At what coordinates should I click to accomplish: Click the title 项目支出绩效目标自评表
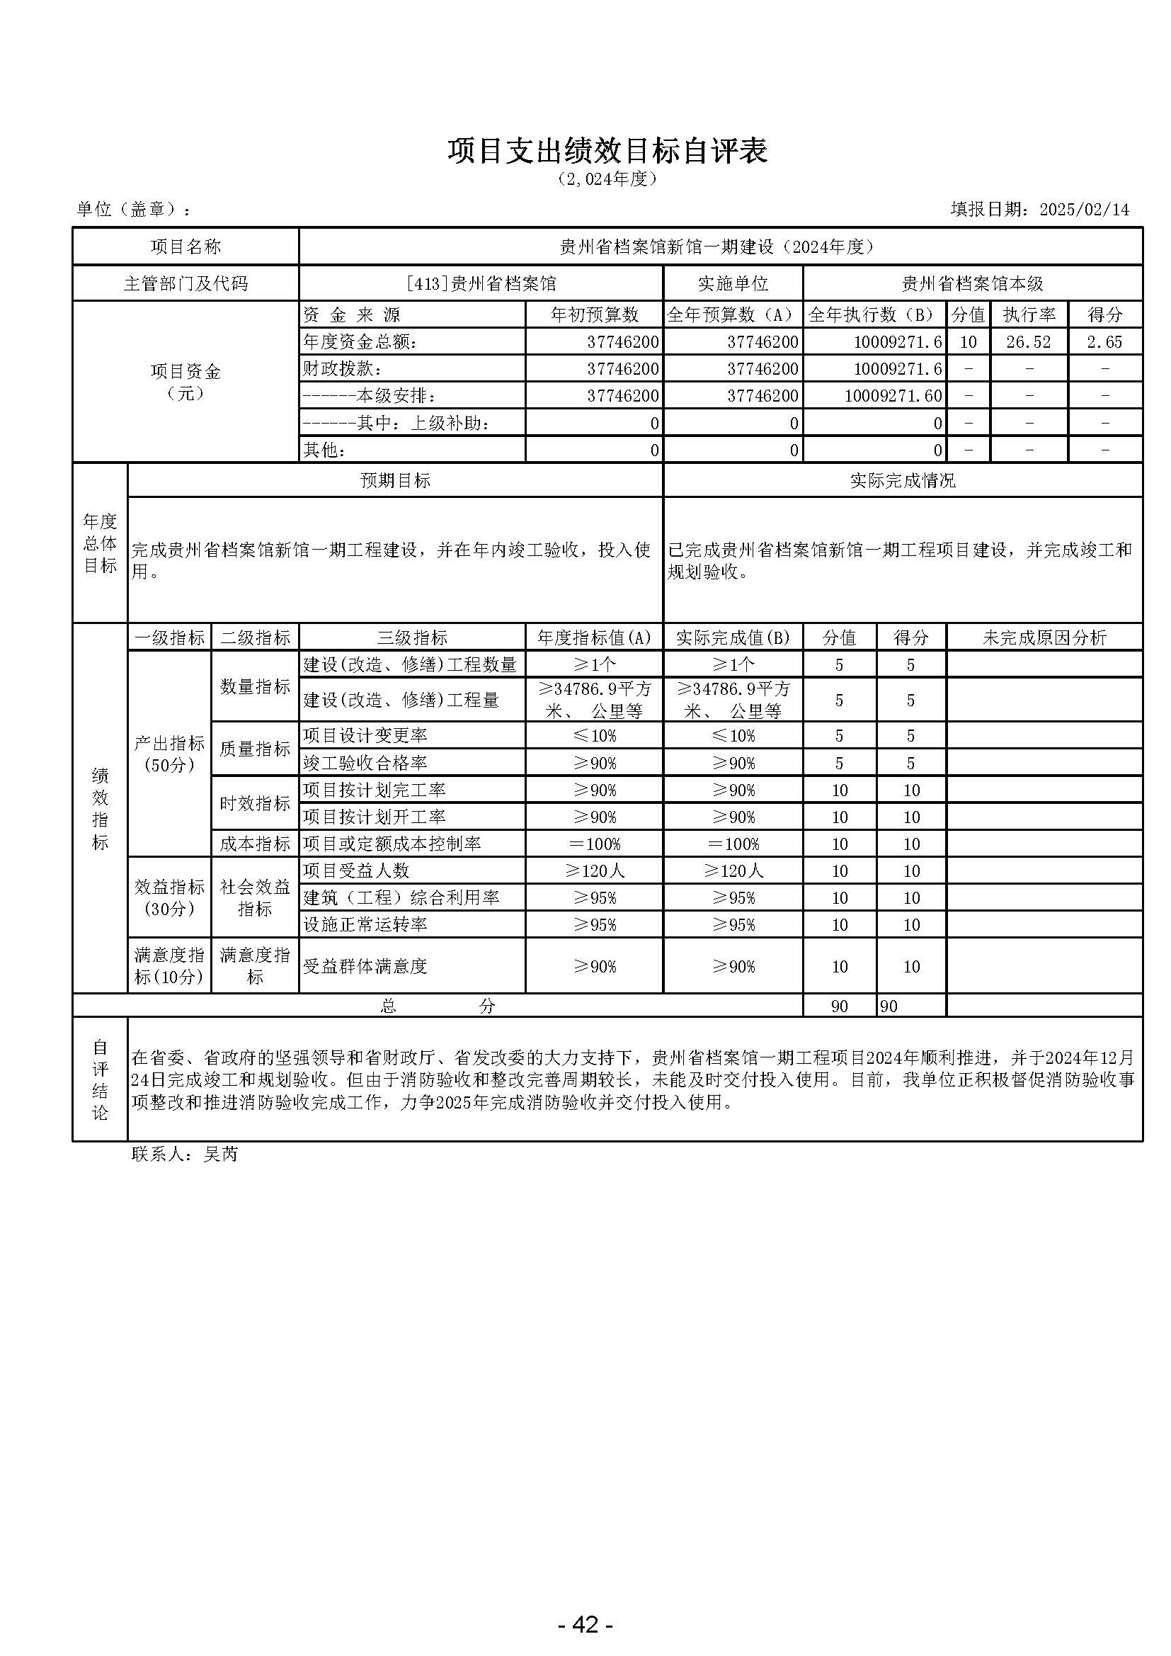[607, 150]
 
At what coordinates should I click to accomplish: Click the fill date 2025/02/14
[1084, 209]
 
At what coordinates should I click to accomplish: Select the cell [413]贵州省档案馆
[481, 283]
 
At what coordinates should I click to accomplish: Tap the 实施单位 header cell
[733, 283]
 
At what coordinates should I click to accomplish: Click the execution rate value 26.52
[1028, 342]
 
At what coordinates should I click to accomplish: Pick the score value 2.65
[1104, 342]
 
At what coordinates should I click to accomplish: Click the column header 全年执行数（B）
[874, 314]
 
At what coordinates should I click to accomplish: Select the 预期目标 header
[395, 480]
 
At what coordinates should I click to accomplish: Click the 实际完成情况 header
[902, 480]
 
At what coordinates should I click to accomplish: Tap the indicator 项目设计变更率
[365, 735]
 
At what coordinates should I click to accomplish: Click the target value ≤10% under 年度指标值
[594, 736]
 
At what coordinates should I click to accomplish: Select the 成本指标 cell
[255, 843]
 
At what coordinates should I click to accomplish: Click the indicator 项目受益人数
[356, 870]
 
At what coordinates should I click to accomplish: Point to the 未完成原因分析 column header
[1044, 637]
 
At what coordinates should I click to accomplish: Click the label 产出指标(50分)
[169, 754]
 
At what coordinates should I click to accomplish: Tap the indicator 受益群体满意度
[365, 965]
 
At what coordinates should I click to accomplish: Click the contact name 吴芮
[221, 1154]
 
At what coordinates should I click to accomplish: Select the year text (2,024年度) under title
[607, 179]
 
